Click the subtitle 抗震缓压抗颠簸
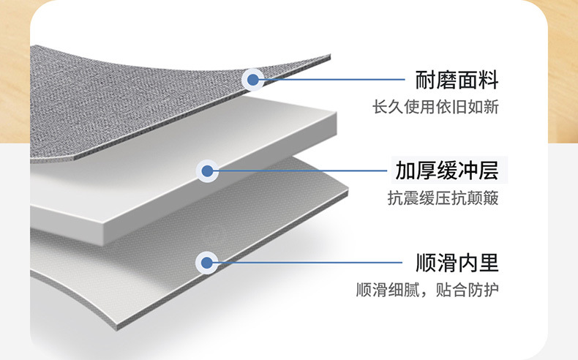[443, 198]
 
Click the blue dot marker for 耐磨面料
[252, 79]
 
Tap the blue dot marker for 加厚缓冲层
[207, 172]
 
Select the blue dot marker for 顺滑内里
[207, 263]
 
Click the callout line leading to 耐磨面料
[329, 79]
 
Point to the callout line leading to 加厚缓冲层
[300, 172]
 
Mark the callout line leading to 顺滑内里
[307, 263]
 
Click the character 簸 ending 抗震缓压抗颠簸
[491, 198]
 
